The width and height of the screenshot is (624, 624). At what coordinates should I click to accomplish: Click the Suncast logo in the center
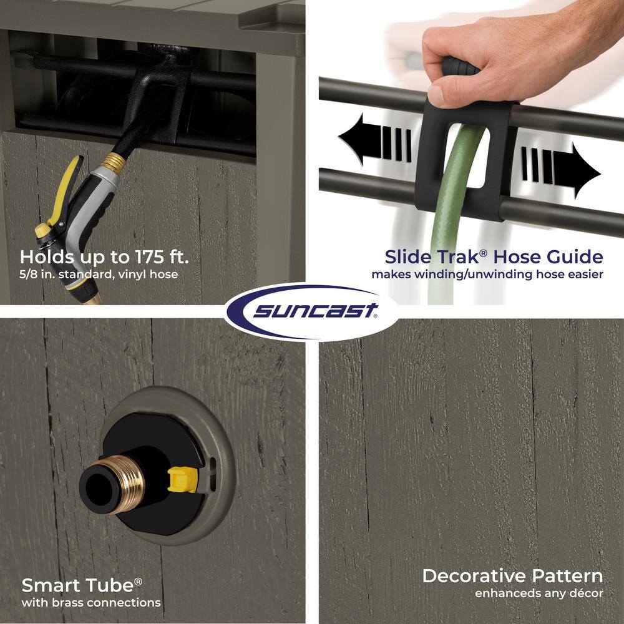pos(312,311)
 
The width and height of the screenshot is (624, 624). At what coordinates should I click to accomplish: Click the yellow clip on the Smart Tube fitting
pos(183,479)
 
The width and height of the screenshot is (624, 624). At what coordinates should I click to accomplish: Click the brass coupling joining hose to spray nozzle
pos(113,162)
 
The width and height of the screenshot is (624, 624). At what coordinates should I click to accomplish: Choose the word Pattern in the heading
pos(567,576)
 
